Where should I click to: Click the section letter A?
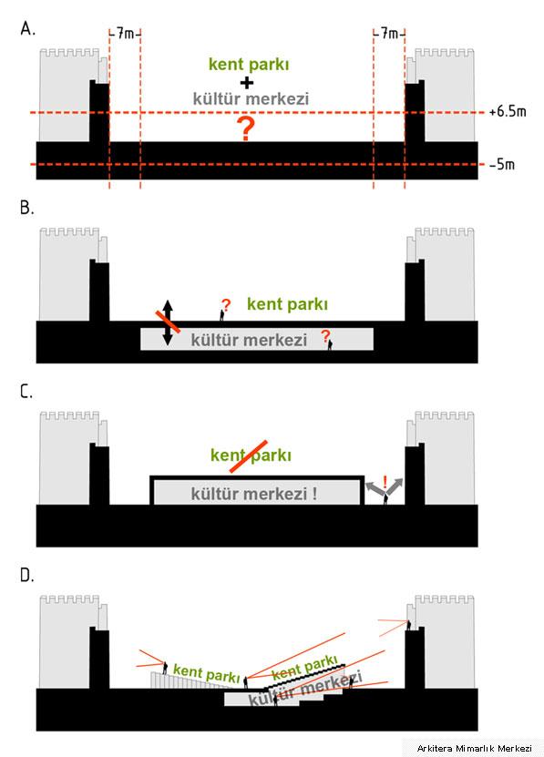27,29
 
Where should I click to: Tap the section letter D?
27,575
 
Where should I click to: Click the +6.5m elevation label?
508,111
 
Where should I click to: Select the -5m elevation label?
502,165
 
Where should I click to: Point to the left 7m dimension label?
125,34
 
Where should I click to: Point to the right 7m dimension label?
389,34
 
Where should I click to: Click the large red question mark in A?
246,128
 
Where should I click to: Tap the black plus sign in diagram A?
246,83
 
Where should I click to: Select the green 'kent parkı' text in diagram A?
249,65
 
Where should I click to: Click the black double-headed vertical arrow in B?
167,322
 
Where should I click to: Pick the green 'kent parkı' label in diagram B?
287,304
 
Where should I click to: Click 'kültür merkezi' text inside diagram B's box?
249,340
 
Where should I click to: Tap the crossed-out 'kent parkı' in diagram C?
251,455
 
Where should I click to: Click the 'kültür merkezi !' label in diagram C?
254,494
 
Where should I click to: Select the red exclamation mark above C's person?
385,482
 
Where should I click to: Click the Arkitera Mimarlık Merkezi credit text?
475,748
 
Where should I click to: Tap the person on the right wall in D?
409,625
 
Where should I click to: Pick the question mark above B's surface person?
226,305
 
